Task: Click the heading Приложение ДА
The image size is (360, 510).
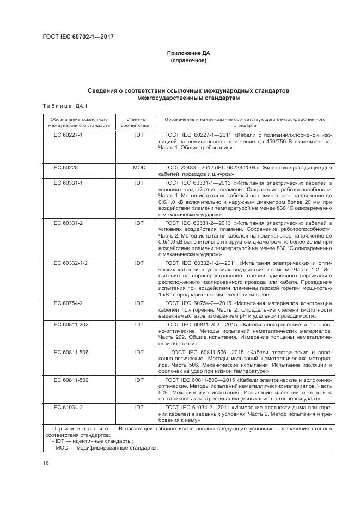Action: click(x=188, y=53)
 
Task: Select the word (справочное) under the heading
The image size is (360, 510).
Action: click(x=188, y=60)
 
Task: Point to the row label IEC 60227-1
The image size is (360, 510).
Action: click(x=67, y=135)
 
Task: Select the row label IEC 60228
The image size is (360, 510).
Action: click(x=65, y=167)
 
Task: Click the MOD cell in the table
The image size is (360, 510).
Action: click(x=139, y=167)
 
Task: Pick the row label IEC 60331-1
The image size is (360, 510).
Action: click(x=67, y=183)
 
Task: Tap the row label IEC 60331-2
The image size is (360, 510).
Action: click(x=67, y=223)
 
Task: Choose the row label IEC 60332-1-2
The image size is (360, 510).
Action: click(x=70, y=263)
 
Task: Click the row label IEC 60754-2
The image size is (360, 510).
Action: click(x=67, y=302)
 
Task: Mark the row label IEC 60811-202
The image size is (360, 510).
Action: click(x=70, y=323)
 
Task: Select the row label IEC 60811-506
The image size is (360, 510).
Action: click(x=70, y=353)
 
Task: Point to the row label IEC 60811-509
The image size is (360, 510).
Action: click(x=70, y=379)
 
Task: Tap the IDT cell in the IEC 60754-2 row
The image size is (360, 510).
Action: click(x=139, y=302)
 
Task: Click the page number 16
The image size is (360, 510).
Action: click(x=46, y=463)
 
